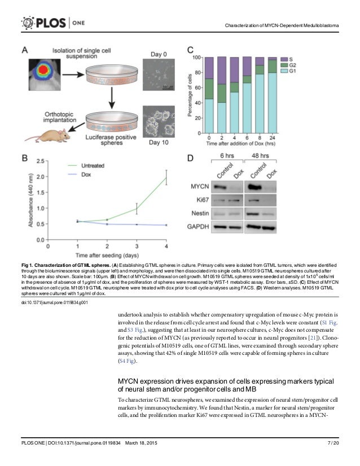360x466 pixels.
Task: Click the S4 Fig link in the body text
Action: (126, 361)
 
